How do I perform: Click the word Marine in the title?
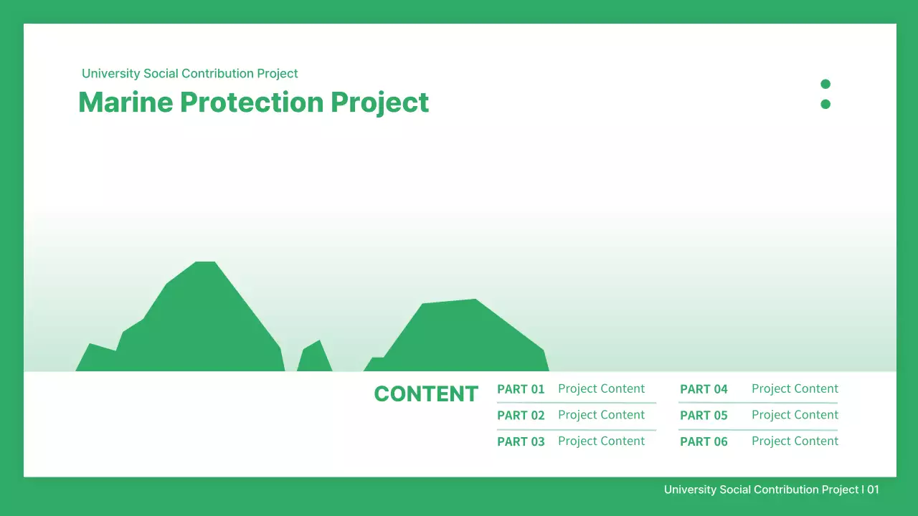point(126,102)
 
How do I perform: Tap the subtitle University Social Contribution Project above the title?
point(189,73)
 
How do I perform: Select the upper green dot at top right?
point(825,84)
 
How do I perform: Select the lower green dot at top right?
point(825,104)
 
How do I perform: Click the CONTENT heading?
point(426,394)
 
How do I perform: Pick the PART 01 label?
point(521,389)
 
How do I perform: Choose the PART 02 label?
point(521,416)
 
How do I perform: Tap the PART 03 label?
point(521,442)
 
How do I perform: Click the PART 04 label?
point(704,389)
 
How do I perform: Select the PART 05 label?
point(704,416)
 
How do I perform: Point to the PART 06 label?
point(704,442)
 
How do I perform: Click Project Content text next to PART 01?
point(601,388)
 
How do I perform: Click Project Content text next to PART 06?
point(795,441)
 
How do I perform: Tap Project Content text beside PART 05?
point(795,415)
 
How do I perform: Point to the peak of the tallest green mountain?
point(205,264)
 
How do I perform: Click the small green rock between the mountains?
point(314,358)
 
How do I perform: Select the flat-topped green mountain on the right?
point(459,333)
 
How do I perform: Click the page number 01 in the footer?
point(873,489)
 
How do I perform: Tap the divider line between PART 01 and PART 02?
point(577,403)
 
